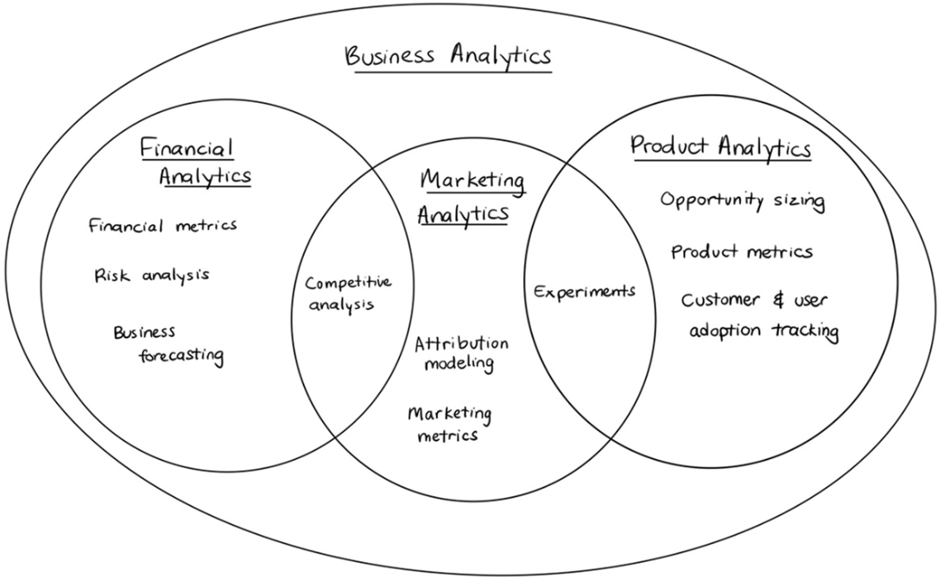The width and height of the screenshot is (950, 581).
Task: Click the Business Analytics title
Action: pyautogui.click(x=448, y=57)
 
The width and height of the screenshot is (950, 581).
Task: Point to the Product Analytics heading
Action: pyautogui.click(x=720, y=147)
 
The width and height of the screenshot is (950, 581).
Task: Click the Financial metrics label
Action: pyautogui.click(x=162, y=226)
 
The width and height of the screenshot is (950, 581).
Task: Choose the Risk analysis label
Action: pyautogui.click(x=152, y=276)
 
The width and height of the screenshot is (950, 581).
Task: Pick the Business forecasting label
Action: pyautogui.click(x=168, y=344)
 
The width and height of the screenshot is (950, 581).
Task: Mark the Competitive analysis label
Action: pyautogui.click(x=347, y=292)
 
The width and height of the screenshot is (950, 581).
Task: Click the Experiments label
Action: pyautogui.click(x=584, y=292)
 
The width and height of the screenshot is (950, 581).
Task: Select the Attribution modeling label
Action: pyautogui.click(x=461, y=352)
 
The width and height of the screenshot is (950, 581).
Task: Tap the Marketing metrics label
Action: pyautogui.click(x=449, y=424)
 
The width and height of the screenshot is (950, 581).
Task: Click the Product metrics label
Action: pyautogui.click(x=742, y=252)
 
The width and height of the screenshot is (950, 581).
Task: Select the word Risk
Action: pyautogui.click(x=112, y=276)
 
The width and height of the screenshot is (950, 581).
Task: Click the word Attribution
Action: pyautogui.click(x=461, y=343)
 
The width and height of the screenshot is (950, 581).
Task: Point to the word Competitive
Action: pyautogui.click(x=348, y=283)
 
